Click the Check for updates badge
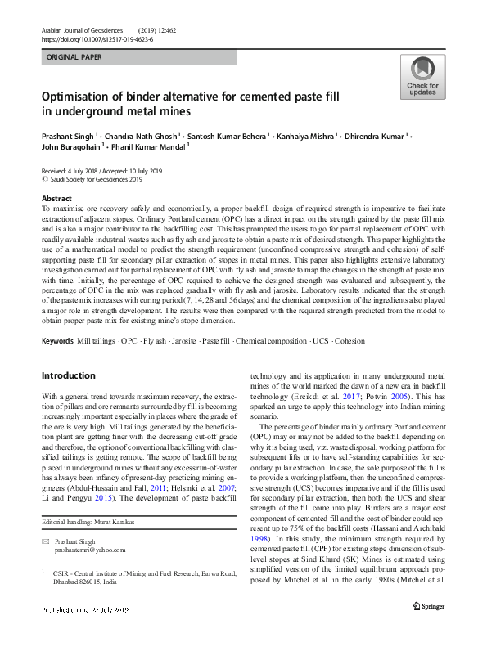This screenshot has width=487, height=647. click(x=422, y=79)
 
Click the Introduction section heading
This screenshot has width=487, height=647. click(x=69, y=375)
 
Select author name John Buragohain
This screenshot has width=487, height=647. click(x=70, y=147)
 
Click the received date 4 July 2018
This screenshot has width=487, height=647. click(x=92, y=171)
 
